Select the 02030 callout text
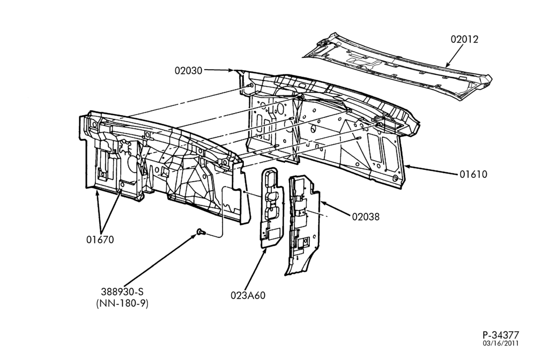[x=188, y=70]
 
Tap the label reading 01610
[x=473, y=174]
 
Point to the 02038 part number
[x=366, y=216]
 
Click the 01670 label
[x=100, y=239]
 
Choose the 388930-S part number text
[x=122, y=291]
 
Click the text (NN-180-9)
[x=122, y=303]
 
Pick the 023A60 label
[x=248, y=295]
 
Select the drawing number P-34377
[x=500, y=335]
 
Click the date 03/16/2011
[x=500, y=343]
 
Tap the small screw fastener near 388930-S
[x=201, y=232]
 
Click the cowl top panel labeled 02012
[x=397, y=66]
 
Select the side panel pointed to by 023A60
[x=272, y=207]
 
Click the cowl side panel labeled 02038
[x=303, y=224]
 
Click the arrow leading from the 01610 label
[x=431, y=170]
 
